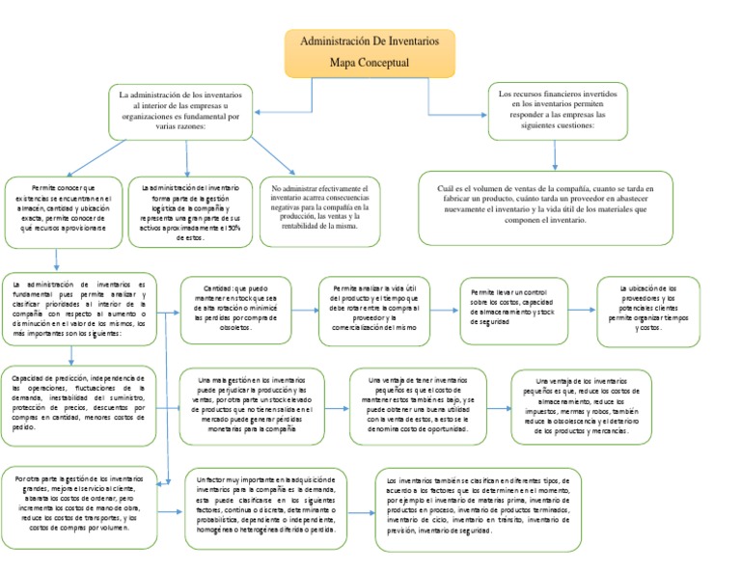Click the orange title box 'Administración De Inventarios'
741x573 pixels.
[370, 53]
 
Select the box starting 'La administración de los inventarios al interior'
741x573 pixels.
[180, 111]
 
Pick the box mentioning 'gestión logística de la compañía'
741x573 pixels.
[190, 210]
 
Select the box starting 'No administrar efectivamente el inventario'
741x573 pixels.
[320, 211]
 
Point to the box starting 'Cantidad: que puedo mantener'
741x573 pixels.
[236, 309]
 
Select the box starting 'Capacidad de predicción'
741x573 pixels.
[79, 405]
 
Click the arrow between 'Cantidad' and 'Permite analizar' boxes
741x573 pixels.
[305, 311]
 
